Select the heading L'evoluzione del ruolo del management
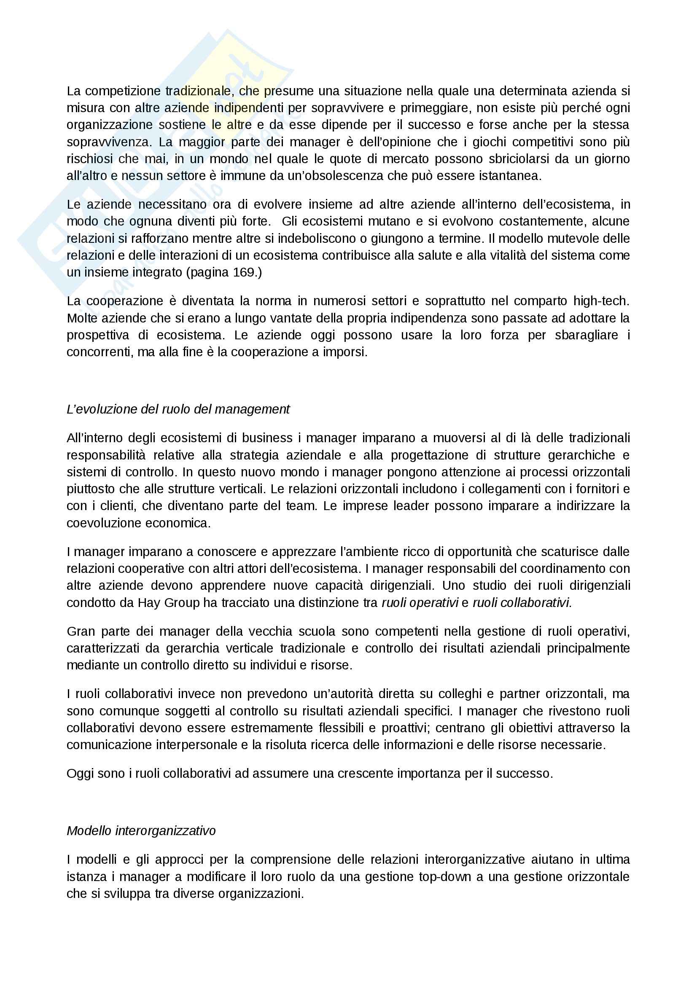178,409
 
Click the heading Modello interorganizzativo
141,831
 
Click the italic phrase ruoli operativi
420,602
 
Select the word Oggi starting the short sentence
79,774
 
